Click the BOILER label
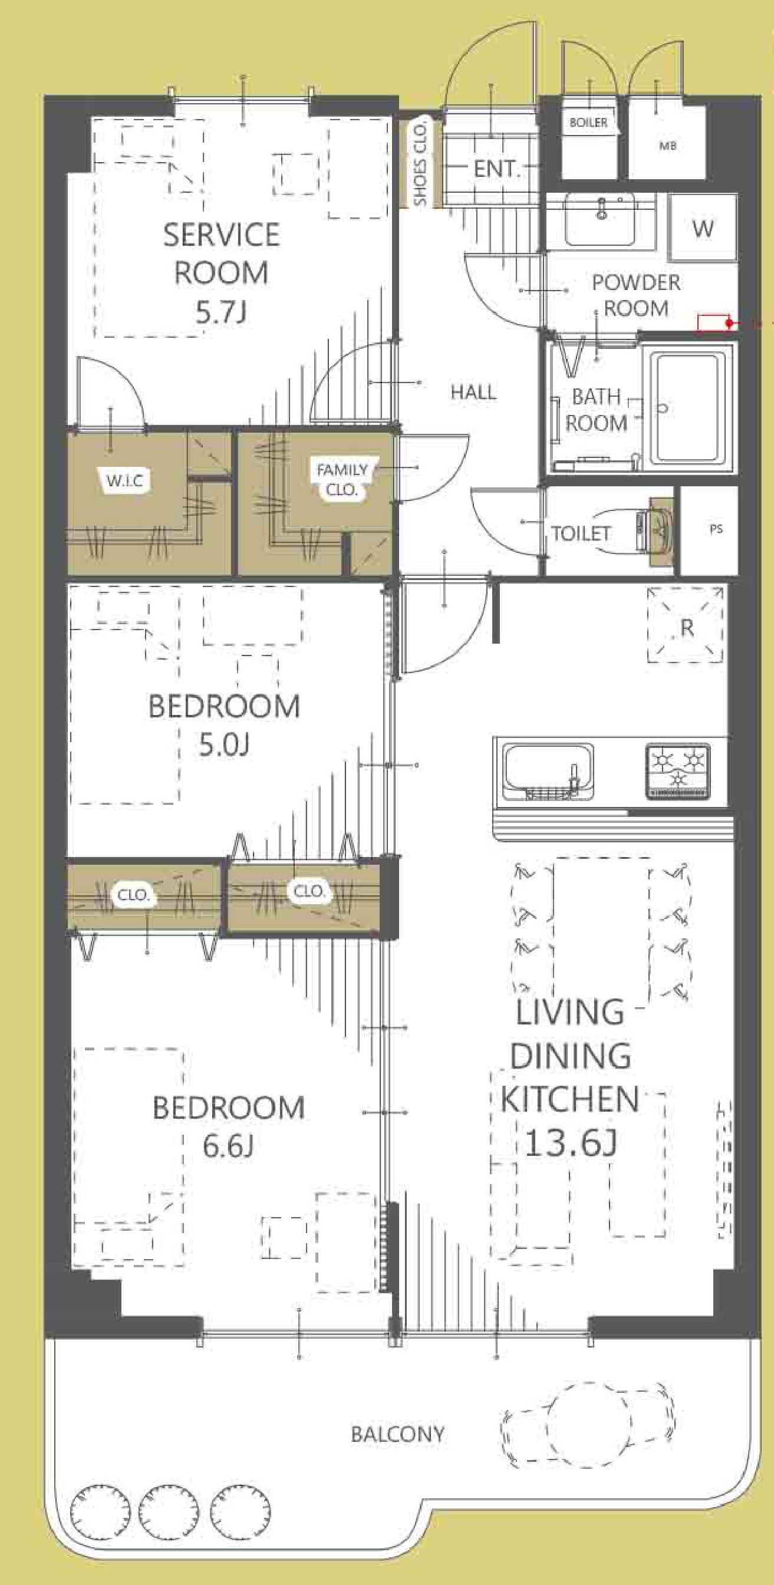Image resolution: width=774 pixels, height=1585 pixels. [588, 123]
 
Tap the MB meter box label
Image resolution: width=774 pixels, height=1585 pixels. [667, 146]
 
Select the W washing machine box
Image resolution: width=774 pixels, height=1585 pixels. [703, 228]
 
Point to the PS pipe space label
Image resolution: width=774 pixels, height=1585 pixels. [716, 529]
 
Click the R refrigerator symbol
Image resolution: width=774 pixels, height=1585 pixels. [686, 625]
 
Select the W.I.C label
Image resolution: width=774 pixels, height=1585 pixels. [125, 480]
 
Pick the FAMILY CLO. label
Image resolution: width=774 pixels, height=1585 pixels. [342, 480]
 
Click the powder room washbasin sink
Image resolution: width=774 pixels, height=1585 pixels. [600, 219]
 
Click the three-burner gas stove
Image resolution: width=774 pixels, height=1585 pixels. [677, 772]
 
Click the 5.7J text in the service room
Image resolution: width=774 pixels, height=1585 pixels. [221, 312]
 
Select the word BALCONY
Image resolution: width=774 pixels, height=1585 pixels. [397, 1434]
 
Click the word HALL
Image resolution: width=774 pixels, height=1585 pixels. [473, 392]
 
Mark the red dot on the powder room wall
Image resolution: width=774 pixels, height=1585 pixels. [730, 323]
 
